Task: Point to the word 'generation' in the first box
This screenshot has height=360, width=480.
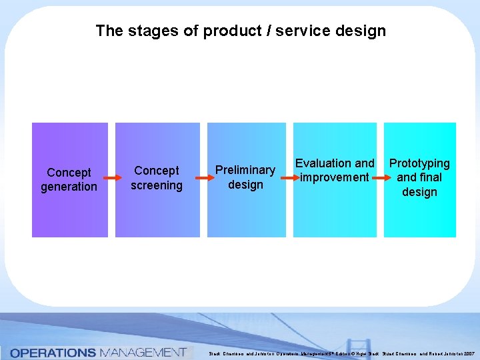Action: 69,187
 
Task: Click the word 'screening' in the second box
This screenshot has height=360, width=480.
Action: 157,185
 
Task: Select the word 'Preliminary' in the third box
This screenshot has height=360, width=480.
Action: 245,170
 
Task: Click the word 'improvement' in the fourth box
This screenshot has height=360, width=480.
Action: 335,177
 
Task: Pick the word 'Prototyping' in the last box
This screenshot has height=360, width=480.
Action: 419,163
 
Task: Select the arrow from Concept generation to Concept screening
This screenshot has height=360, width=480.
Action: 112,179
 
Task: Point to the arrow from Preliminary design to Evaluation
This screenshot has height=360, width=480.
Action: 289,178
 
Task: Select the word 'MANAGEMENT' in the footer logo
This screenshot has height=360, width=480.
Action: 142,352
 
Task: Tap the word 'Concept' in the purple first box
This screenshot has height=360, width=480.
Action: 69,173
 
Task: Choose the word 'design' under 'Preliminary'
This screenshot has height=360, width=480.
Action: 245,185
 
